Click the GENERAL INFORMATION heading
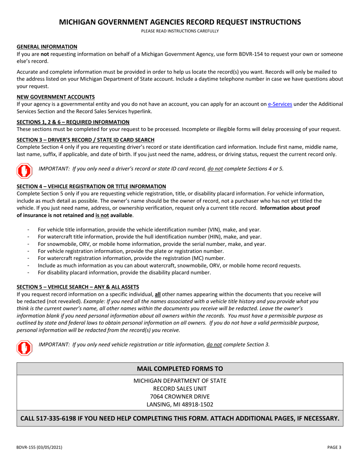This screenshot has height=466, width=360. click(x=47, y=47)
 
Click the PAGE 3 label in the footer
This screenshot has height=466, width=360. click(x=335, y=447)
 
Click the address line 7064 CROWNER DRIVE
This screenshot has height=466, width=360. click(x=180, y=396)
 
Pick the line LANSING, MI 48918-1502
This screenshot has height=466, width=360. click(x=180, y=404)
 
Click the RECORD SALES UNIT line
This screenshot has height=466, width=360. click(x=180, y=388)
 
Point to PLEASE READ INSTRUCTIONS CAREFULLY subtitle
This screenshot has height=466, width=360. click(x=180, y=31)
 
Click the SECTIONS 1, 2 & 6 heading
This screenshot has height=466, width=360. click(x=73, y=122)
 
